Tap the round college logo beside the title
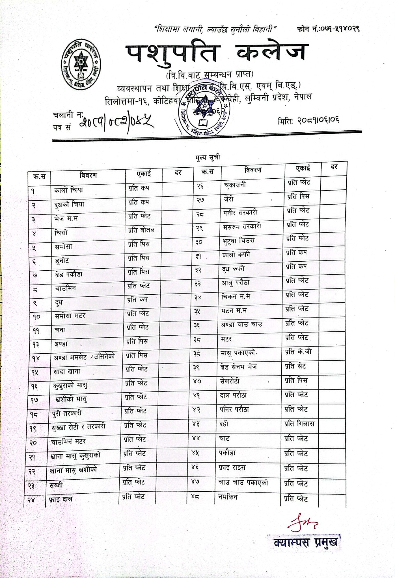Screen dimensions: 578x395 81,65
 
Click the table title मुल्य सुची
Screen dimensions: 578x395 208,157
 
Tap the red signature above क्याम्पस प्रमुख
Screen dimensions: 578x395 302,524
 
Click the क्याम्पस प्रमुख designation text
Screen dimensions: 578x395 305,542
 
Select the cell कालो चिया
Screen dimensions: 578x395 68,190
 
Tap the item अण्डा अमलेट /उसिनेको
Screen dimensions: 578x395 84,357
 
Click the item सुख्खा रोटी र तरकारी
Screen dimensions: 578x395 78,426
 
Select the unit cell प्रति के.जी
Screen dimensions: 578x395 298,352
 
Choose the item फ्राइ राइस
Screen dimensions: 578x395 232,468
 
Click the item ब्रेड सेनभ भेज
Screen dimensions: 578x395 238,367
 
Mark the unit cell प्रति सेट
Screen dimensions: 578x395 295,366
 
